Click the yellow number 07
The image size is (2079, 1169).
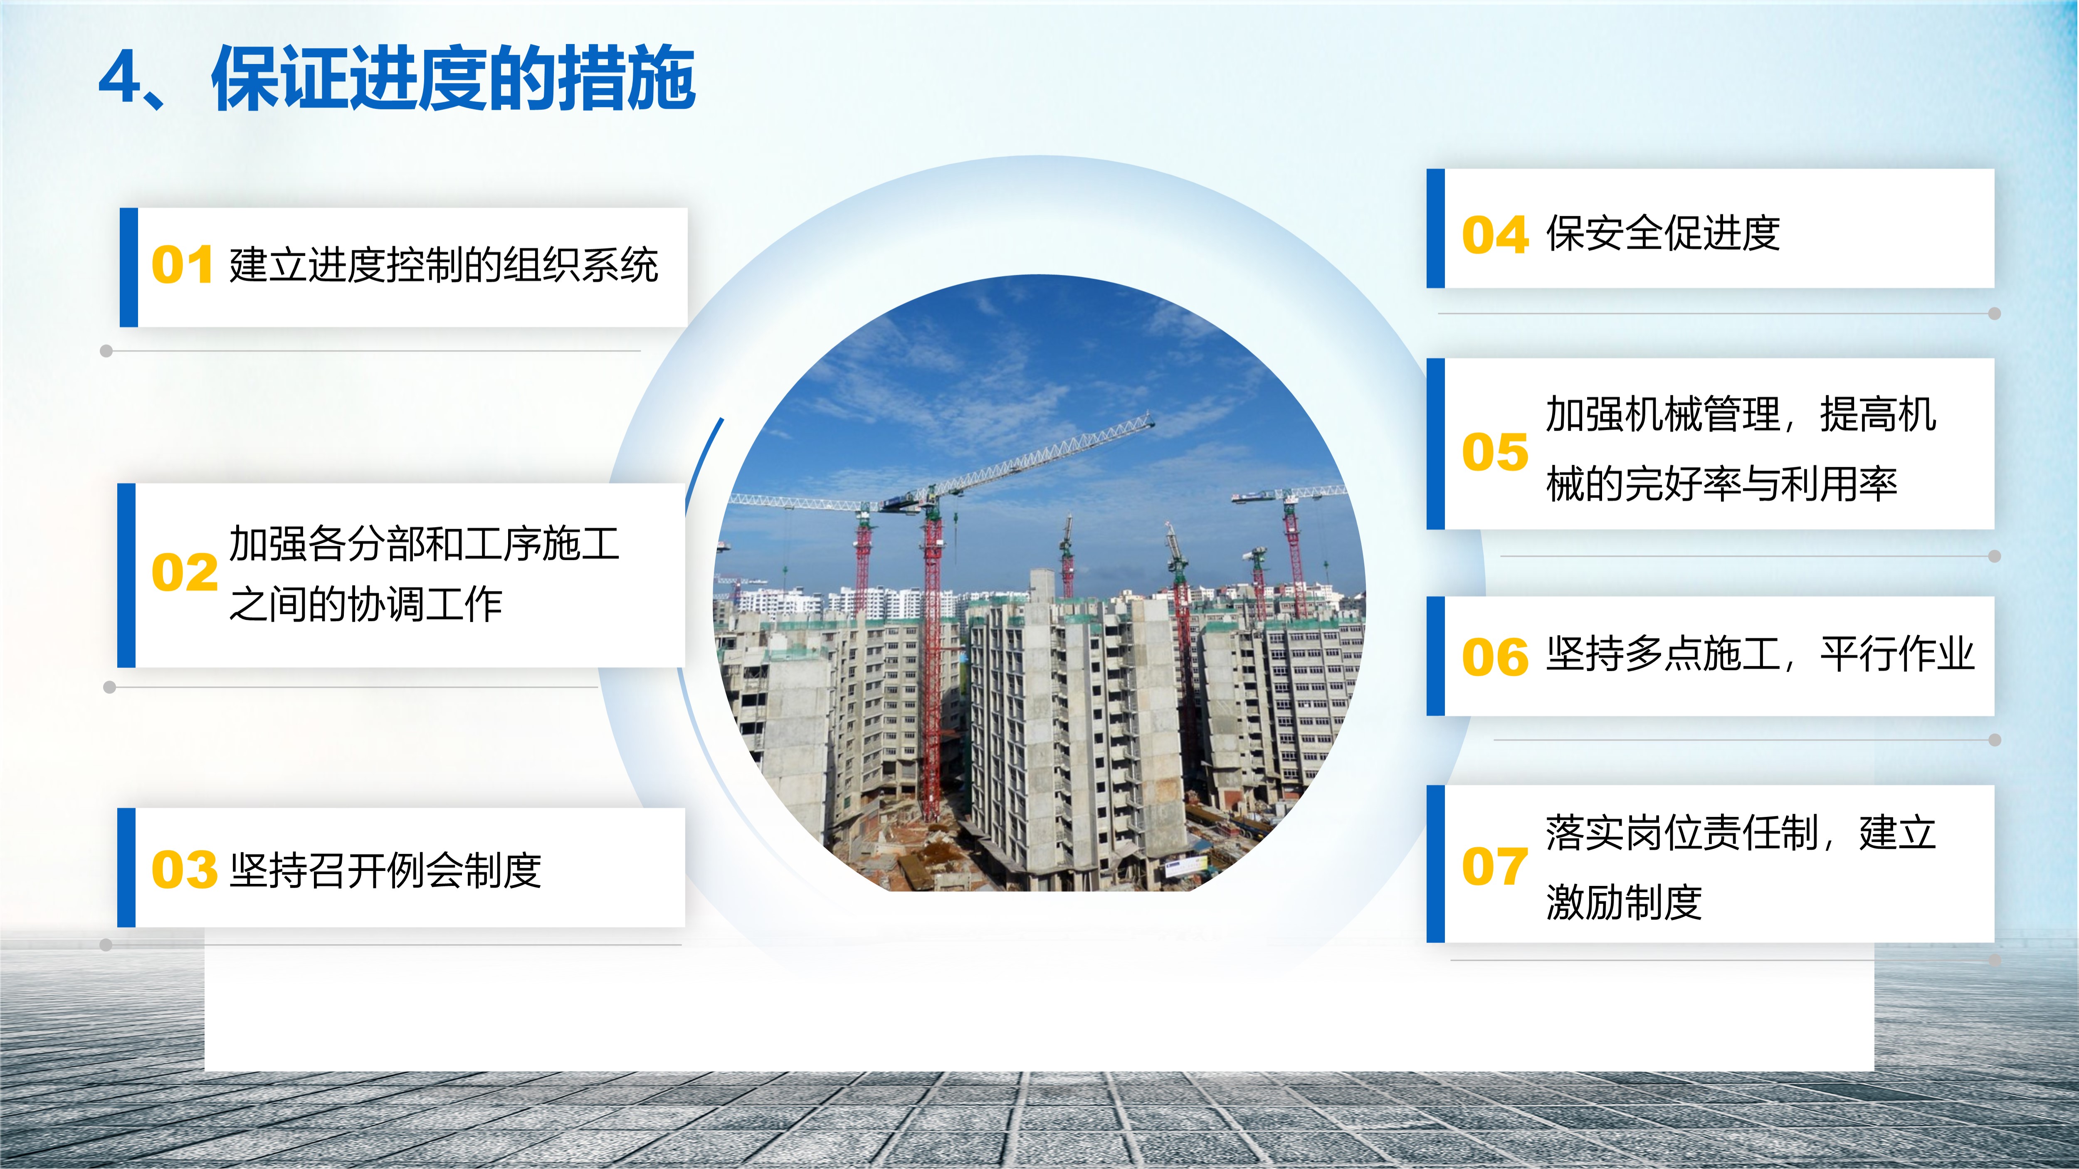[1495, 866]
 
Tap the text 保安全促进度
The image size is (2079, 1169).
[1662, 234]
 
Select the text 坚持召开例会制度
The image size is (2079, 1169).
[386, 871]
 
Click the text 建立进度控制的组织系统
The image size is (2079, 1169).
[444, 265]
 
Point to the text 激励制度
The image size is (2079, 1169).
[1624, 902]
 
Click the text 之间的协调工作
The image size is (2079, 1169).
[365, 604]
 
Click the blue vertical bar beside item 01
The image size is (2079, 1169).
[128, 267]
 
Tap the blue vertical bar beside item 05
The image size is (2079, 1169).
[1436, 444]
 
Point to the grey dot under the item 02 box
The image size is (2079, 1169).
[110, 687]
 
